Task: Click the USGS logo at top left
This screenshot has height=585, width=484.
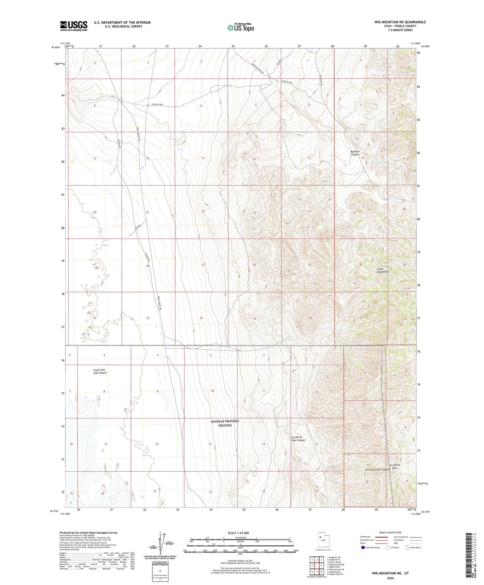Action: point(74,26)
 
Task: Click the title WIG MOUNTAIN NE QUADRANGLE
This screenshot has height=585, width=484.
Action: point(400,22)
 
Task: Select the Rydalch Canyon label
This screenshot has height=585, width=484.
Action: point(355,153)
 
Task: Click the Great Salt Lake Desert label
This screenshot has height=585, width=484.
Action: point(100,371)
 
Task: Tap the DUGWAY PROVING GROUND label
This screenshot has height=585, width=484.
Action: point(225,423)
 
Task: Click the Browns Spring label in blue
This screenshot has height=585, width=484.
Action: point(379,163)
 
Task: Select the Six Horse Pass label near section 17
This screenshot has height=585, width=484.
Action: point(395,466)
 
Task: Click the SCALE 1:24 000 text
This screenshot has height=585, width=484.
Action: point(238,533)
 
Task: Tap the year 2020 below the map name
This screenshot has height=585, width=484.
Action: point(390,578)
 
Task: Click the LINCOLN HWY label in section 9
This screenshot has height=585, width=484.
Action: point(157,105)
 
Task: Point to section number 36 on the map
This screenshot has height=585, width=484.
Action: point(310,318)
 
